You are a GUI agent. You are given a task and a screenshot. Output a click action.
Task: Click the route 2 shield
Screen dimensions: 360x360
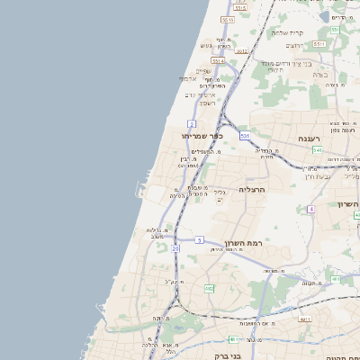[192, 123]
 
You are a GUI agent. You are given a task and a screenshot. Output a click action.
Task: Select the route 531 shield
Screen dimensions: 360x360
[245, 136]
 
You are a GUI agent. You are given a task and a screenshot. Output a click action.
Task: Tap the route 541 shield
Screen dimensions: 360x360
[318, 150]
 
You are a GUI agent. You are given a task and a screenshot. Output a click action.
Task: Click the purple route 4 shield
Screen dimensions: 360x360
[310, 209]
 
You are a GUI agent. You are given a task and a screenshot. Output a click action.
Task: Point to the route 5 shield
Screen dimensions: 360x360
[199, 240]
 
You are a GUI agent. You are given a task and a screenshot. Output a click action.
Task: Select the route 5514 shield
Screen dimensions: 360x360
[219, 60]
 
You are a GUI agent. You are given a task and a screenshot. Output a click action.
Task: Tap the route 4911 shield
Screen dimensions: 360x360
[305, 319]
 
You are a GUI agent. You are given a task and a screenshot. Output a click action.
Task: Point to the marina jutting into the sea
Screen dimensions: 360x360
[140, 189]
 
